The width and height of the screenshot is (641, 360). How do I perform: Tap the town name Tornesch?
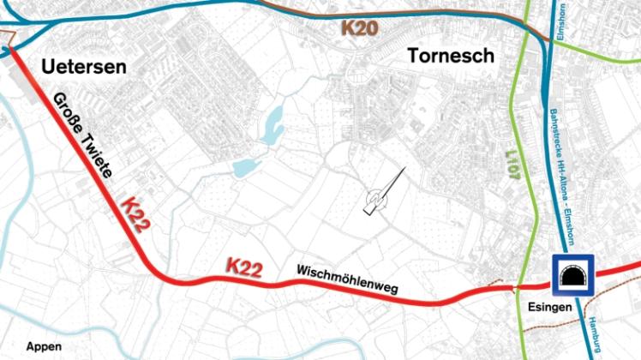(x=452, y=56)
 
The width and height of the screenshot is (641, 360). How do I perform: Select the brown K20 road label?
(x=359, y=27)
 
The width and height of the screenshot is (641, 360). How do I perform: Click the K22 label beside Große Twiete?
(x=136, y=213)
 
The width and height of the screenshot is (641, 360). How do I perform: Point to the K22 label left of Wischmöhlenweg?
(x=243, y=267)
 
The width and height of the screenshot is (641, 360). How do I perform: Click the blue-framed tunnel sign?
(x=573, y=275)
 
